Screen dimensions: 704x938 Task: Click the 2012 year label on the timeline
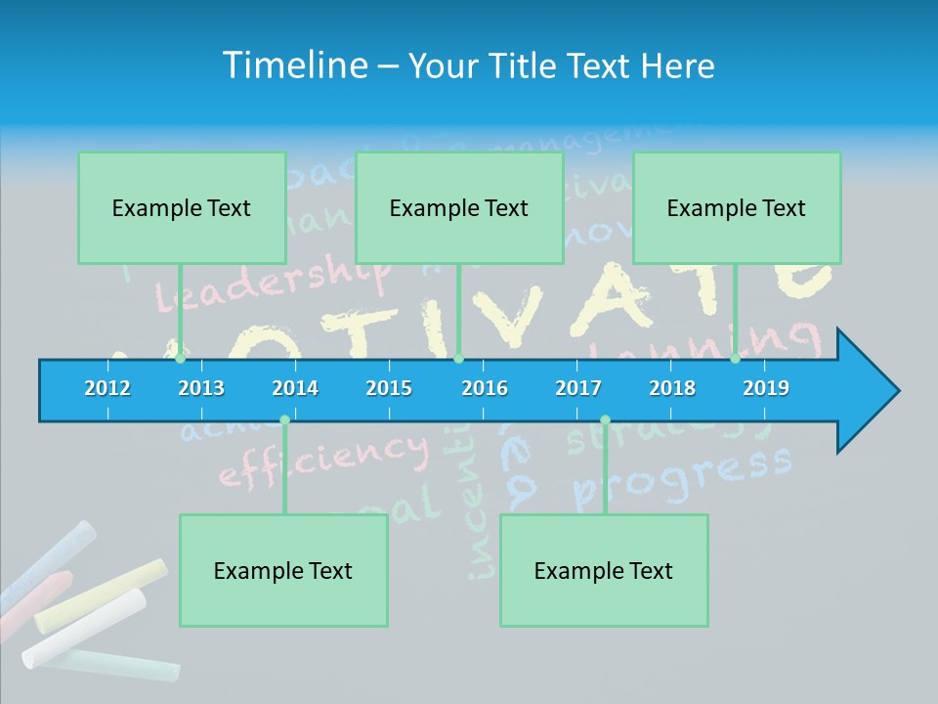(x=107, y=388)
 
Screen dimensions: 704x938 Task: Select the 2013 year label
(x=201, y=388)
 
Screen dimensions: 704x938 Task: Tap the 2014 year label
(x=295, y=388)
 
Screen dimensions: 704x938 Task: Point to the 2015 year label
(x=389, y=388)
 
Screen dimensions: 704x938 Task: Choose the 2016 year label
(x=485, y=388)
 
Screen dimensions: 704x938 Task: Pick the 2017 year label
(x=578, y=388)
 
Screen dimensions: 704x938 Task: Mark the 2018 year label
(x=672, y=388)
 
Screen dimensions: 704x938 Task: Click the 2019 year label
(x=766, y=388)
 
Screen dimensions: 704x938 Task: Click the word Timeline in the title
(x=294, y=66)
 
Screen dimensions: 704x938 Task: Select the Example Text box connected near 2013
(x=182, y=207)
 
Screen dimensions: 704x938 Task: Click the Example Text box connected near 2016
(x=459, y=207)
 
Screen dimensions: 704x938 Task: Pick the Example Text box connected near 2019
(x=737, y=207)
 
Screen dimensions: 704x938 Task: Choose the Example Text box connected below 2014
(x=283, y=570)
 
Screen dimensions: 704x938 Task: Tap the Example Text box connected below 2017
(x=604, y=570)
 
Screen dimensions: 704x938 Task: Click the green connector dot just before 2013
(x=180, y=359)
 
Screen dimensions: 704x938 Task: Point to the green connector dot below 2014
(x=284, y=420)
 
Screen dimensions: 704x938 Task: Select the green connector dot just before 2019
(x=735, y=359)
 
